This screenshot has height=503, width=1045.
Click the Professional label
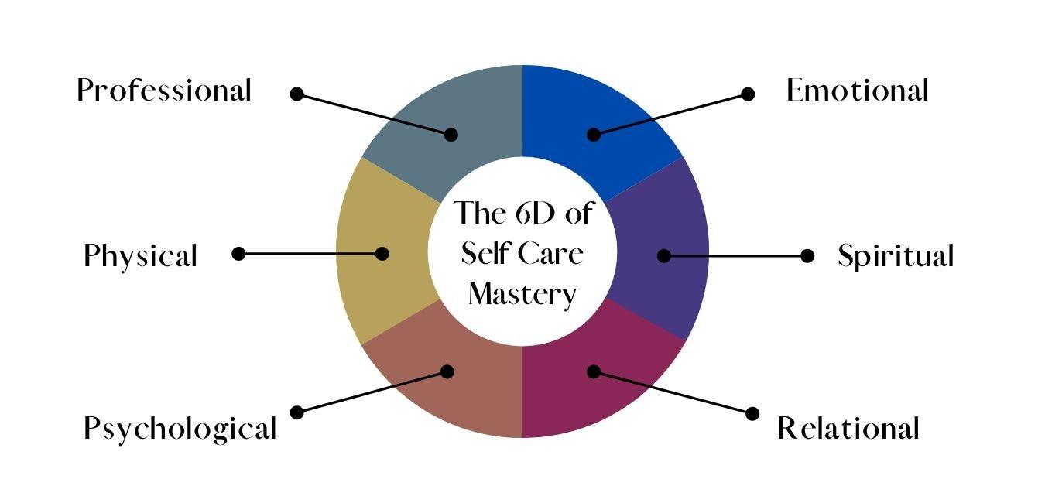coord(164,91)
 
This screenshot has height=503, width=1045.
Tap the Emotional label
coord(857,91)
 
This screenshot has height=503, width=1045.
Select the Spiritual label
coord(896,256)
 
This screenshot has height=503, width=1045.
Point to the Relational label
coord(848,428)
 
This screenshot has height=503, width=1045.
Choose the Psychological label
coord(180,428)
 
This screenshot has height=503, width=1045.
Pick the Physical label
coord(140,256)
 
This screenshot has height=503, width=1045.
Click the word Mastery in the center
coord(522,295)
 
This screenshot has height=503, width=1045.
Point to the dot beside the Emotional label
coord(748,94)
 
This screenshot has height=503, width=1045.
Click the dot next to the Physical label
coord(238,253)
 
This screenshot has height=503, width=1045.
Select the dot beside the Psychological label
coord(296,412)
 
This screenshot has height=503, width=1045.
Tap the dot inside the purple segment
coord(663,255)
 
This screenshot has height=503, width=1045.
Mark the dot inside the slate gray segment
coord(451,135)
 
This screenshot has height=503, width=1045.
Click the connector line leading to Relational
coord(673,392)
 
